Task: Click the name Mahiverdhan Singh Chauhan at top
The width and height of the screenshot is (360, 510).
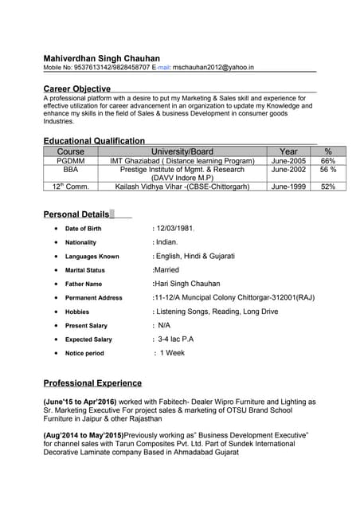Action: (101, 58)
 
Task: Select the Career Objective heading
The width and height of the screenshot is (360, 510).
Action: (76, 88)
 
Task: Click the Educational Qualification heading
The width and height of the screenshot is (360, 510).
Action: (94, 141)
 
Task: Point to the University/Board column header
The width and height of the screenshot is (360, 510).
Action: (182, 151)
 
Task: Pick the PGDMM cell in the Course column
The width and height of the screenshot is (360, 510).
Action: (71, 161)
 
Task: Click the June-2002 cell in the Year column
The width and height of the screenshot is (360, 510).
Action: (288, 170)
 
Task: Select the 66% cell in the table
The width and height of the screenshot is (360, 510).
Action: (328, 161)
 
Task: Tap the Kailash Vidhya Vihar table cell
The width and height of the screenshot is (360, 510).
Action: (182, 186)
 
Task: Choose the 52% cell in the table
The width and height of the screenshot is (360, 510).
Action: (328, 186)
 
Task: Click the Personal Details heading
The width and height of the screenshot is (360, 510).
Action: (76, 214)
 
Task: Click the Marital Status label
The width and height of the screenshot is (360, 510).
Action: (85, 270)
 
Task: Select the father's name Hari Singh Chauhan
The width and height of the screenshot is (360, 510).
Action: (186, 284)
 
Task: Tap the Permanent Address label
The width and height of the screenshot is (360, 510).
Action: (94, 298)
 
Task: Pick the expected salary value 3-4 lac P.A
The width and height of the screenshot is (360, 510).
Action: (176, 339)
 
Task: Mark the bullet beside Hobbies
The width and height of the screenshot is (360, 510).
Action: (55, 312)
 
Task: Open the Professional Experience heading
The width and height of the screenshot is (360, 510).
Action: (92, 383)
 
